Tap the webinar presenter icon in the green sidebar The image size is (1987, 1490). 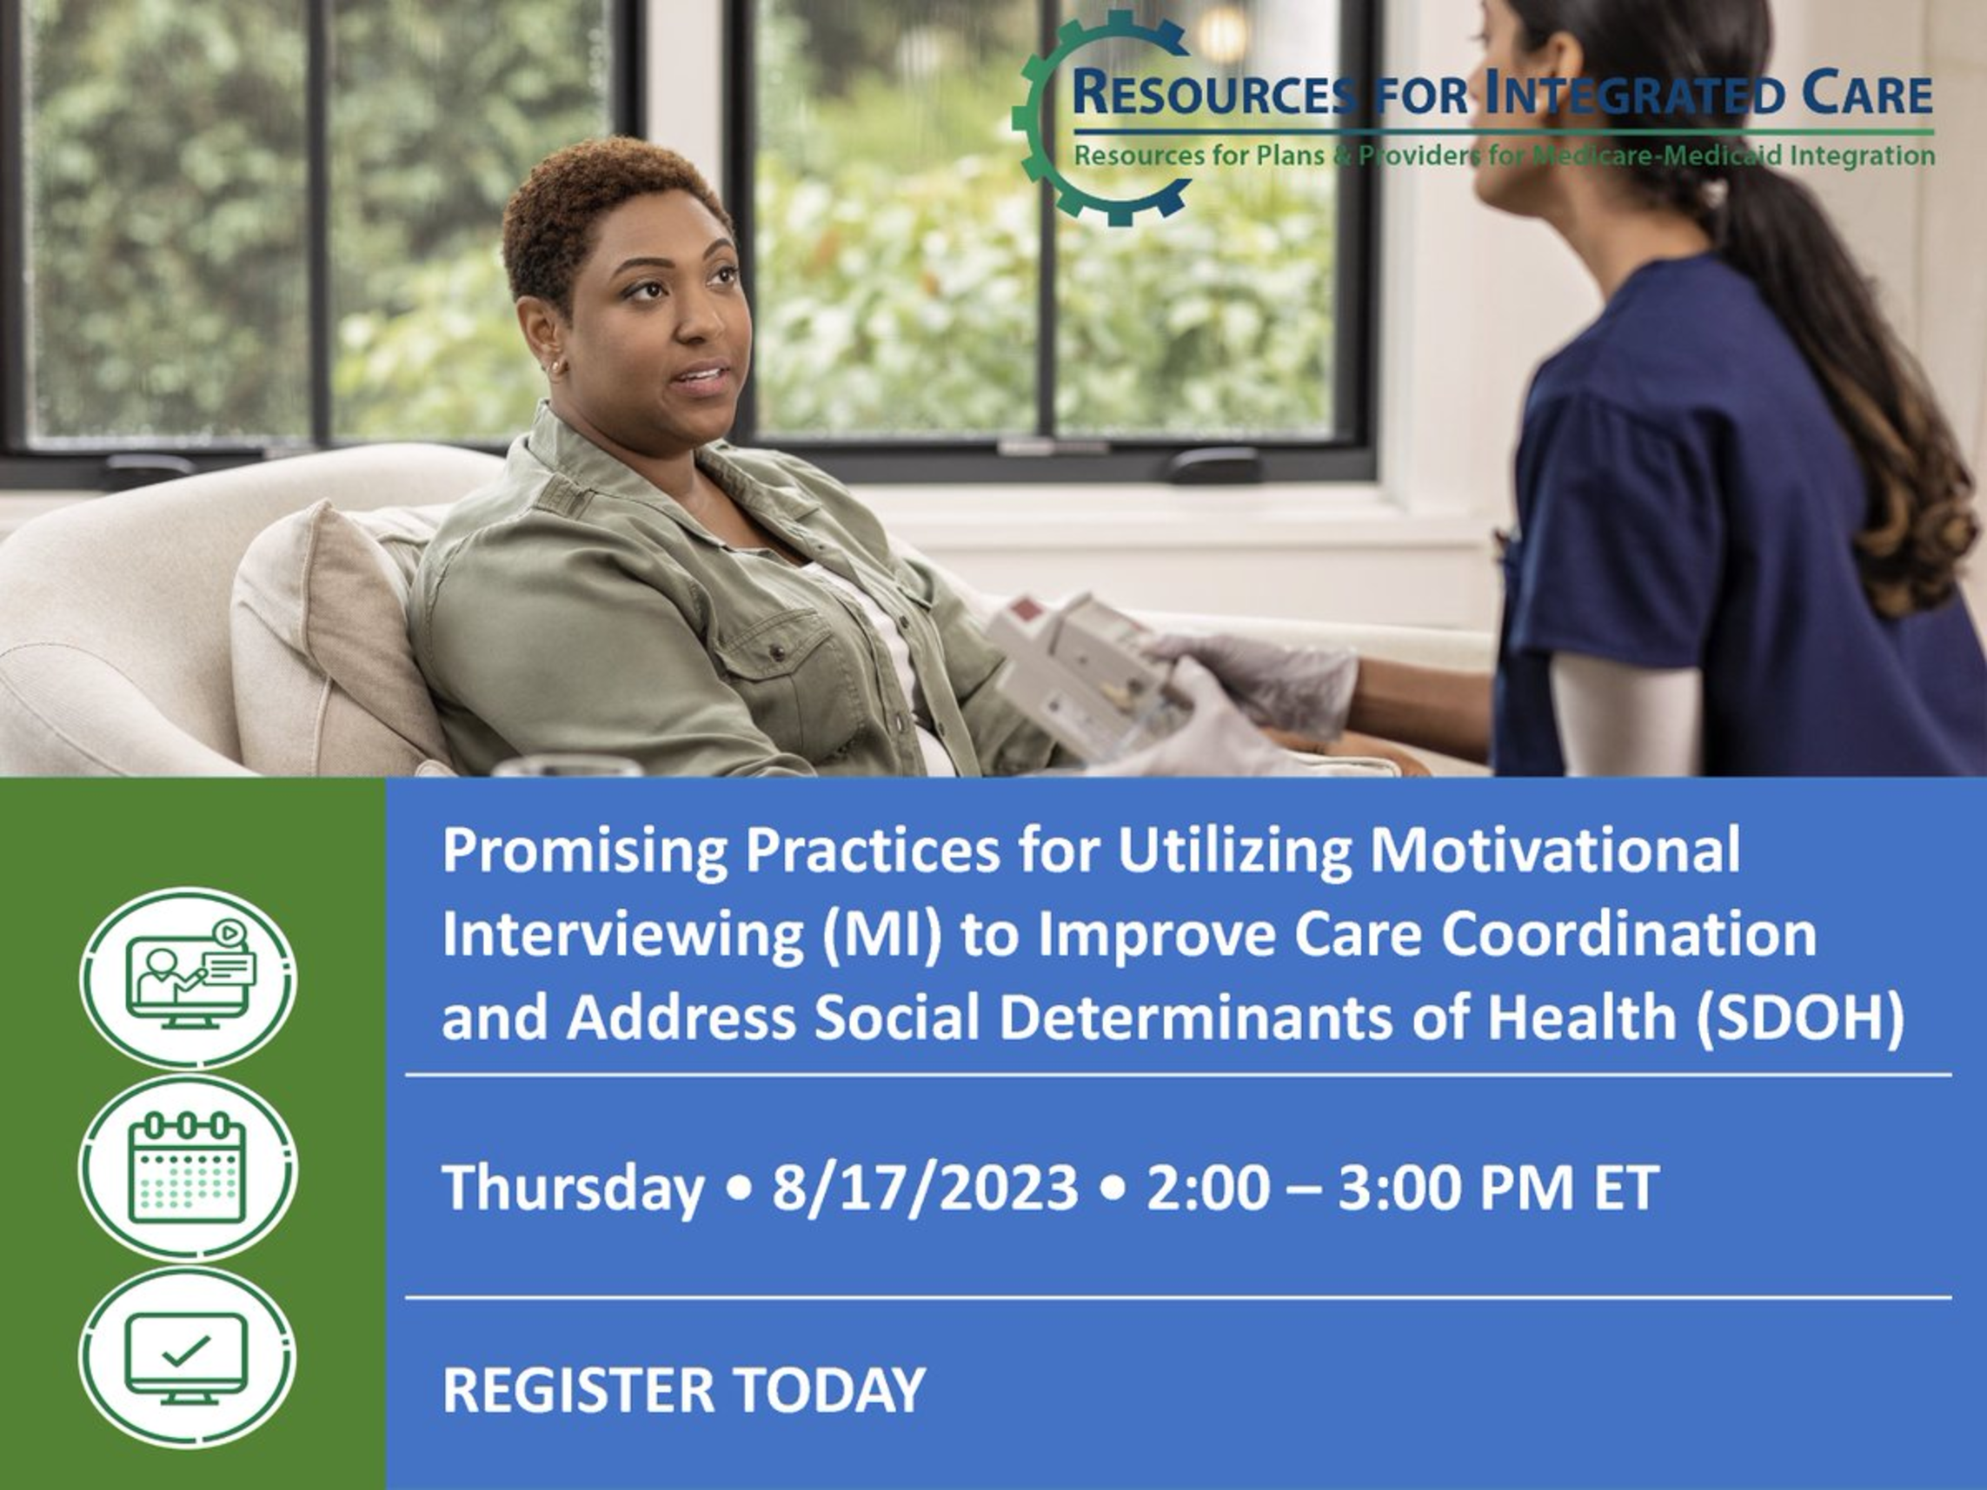point(188,978)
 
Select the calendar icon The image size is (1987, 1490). point(188,1168)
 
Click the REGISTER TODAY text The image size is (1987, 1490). point(683,1390)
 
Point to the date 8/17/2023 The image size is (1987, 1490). point(924,1189)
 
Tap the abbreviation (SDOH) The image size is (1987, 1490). point(1799,1017)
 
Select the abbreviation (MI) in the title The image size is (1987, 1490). point(881,935)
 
